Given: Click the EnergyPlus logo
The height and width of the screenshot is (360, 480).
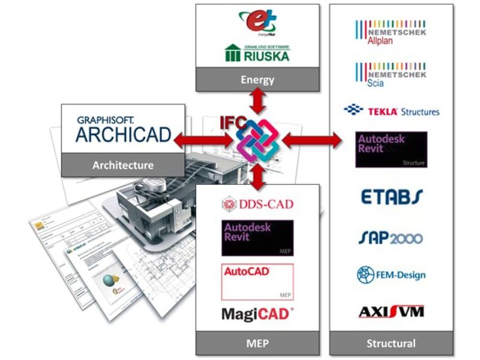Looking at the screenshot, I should (257, 23).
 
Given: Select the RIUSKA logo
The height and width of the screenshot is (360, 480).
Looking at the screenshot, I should (257, 53).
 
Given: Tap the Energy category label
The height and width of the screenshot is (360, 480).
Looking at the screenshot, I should (257, 79).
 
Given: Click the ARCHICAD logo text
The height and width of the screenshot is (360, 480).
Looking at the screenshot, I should (123, 129).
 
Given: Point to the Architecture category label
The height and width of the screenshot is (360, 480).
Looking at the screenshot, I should (122, 164).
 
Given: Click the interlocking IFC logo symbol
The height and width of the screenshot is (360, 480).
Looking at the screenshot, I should (257, 142).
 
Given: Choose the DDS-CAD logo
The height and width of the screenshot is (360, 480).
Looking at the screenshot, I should (257, 204).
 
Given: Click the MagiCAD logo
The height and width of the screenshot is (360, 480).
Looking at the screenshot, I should (257, 313).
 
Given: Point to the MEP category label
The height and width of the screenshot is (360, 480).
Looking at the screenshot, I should (257, 344).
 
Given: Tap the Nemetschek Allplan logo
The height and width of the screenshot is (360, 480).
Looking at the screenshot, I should (391, 34).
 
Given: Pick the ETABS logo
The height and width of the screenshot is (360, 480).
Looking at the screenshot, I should (391, 196).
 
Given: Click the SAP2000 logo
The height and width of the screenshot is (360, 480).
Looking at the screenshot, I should (391, 238).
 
